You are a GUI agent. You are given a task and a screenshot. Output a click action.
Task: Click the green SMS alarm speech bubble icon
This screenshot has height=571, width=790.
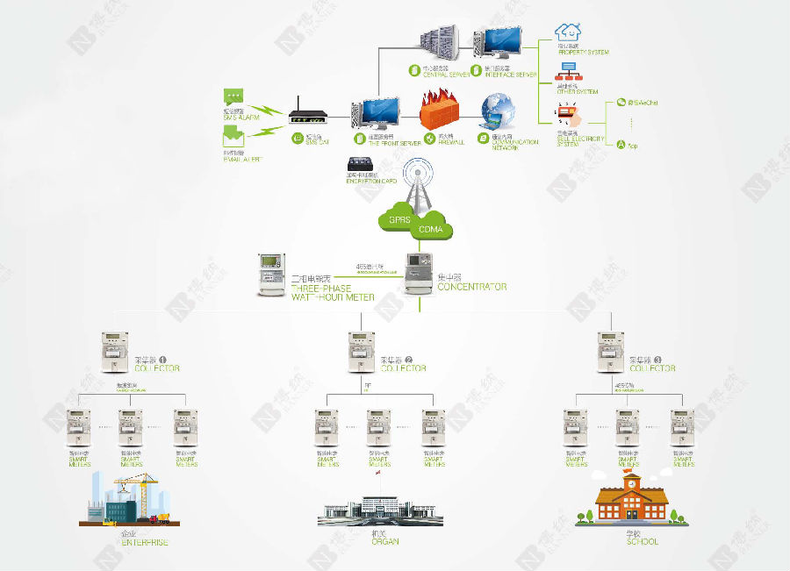(233, 96)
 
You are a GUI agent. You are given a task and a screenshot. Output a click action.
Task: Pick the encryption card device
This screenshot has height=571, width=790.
(362, 165)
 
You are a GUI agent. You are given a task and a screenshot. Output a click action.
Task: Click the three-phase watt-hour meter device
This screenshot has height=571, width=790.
(273, 274)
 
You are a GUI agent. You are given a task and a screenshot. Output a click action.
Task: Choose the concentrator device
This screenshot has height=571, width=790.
(420, 271)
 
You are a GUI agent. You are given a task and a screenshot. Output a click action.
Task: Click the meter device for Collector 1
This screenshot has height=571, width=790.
(116, 350)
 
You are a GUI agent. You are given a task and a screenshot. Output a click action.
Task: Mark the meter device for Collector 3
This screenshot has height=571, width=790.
(610, 350)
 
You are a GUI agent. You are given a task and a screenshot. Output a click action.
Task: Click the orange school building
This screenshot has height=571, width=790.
(628, 503)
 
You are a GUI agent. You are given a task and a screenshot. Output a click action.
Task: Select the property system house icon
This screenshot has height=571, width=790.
(569, 32)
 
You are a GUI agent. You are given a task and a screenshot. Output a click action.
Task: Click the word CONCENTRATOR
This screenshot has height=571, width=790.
(471, 287)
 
